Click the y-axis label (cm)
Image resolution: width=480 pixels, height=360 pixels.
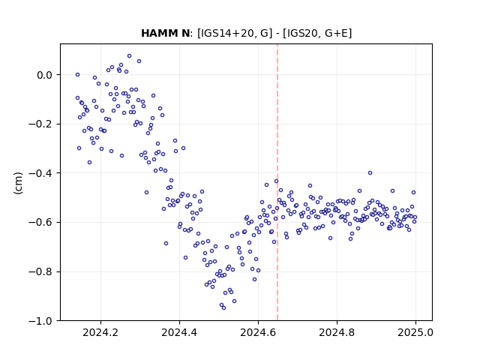tap(18, 183)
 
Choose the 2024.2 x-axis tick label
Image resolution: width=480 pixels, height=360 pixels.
tap(100, 332)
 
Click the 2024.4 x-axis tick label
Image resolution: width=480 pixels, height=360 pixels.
tap(179, 332)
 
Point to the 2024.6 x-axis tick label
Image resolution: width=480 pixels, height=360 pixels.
tap(258, 332)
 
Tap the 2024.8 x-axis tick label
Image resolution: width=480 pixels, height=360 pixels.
tap(337, 332)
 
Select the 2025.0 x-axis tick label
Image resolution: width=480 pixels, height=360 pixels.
tap(415, 332)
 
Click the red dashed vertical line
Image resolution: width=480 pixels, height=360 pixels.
tap(277, 182)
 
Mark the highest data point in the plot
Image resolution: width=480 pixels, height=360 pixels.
tap(130, 56)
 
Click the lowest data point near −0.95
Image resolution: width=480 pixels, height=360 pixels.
tap(223, 307)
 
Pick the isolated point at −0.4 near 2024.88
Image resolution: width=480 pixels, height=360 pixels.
tap(370, 173)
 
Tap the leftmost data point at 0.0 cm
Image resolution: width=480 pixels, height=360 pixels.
tap(78, 75)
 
